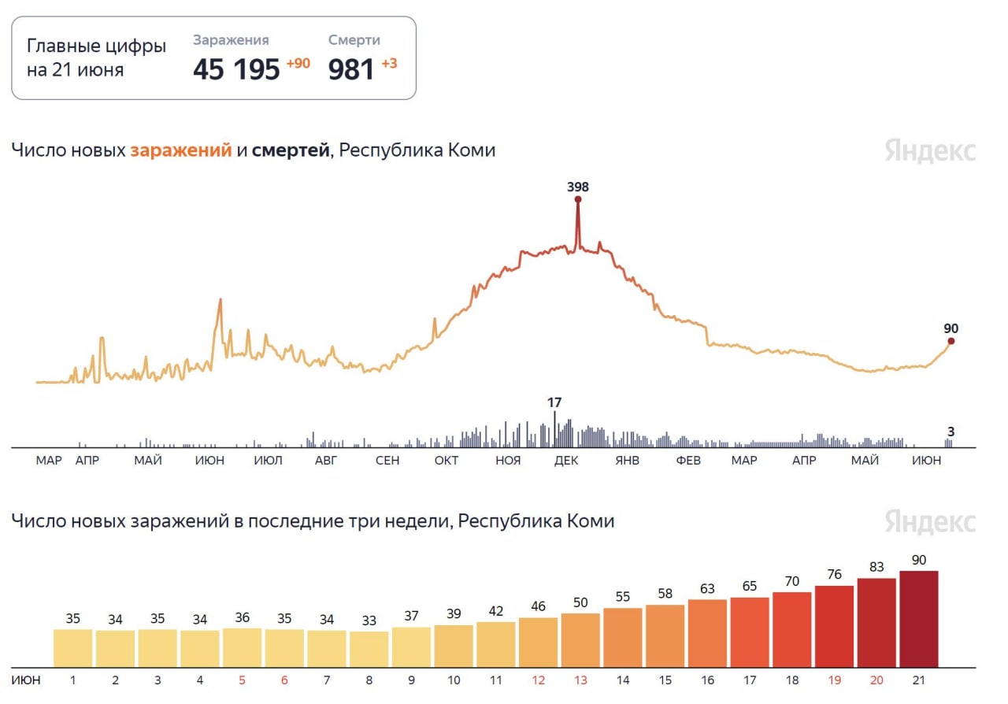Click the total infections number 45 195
[x=236, y=69]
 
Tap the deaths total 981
[x=351, y=69]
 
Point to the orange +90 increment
[x=298, y=63]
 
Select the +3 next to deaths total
[x=389, y=63]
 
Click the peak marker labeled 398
[x=578, y=199]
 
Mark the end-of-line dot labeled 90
[x=951, y=341]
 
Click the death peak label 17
[x=554, y=402]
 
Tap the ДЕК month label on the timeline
[x=566, y=461]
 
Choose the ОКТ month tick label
[x=447, y=461]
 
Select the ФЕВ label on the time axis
[x=688, y=461]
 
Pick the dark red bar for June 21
[x=919, y=618]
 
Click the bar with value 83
[x=876, y=622]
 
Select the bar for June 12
[x=538, y=642]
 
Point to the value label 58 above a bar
[x=665, y=592]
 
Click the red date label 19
[x=834, y=679]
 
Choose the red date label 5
[x=242, y=679]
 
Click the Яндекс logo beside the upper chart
[x=930, y=150]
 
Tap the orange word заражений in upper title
[x=181, y=150]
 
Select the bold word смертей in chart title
[x=291, y=150]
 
